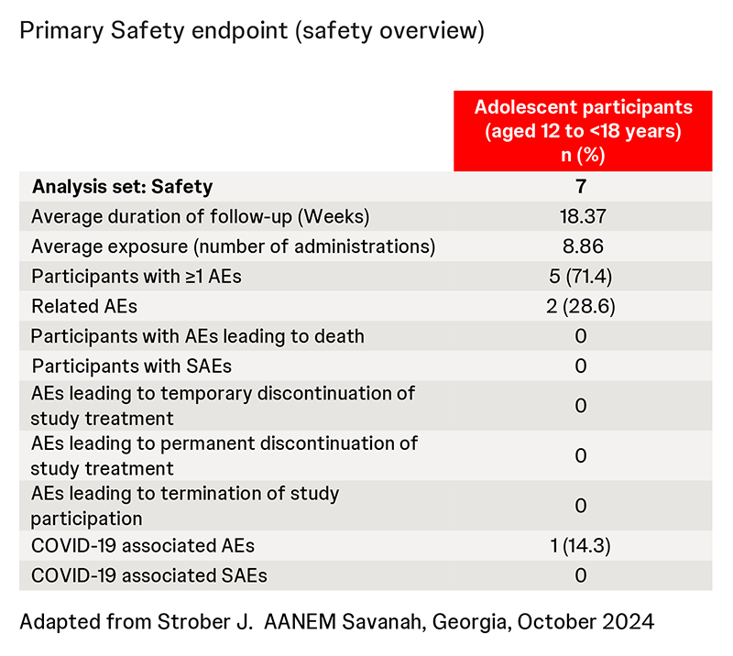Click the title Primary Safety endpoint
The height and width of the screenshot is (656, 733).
tap(251, 31)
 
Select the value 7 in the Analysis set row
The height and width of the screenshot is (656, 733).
tap(582, 187)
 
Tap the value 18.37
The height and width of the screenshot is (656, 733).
tap(582, 216)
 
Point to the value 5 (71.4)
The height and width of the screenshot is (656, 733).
tap(582, 276)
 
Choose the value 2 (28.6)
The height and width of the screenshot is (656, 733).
tap(582, 306)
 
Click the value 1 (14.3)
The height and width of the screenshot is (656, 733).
tap(582, 546)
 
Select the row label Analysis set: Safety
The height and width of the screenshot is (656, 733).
tap(122, 187)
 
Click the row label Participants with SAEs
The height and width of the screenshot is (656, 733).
tap(132, 366)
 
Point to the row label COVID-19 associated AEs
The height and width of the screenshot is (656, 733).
tap(143, 546)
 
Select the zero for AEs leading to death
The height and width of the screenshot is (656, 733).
tap(582, 336)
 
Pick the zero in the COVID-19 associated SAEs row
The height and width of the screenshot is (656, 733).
tap(582, 576)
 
